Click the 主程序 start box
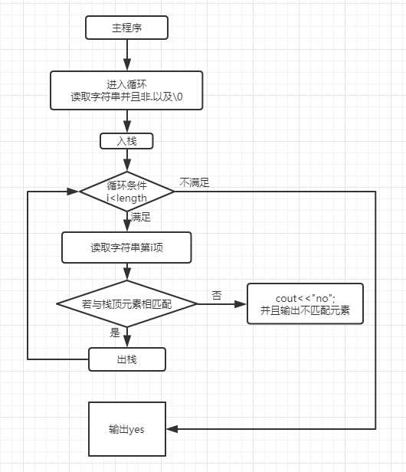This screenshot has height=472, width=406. pyautogui.click(x=126, y=28)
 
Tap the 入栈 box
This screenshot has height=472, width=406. pyautogui.click(x=126, y=141)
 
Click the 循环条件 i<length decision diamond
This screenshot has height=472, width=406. pyautogui.click(x=126, y=192)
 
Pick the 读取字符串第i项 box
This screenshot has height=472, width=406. pyautogui.click(x=126, y=248)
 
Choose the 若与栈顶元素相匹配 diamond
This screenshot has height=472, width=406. pyautogui.click(x=126, y=304)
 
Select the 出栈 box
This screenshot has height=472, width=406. pyautogui.click(x=126, y=359)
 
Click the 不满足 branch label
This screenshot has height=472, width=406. pyautogui.click(x=195, y=182)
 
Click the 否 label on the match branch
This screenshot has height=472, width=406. pyautogui.click(x=217, y=295)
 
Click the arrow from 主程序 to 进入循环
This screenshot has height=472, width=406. pyautogui.click(x=126, y=55)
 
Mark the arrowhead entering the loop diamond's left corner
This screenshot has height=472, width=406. pyautogui.click(x=74, y=192)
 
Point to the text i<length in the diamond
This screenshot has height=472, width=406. pyautogui.click(x=126, y=198)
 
